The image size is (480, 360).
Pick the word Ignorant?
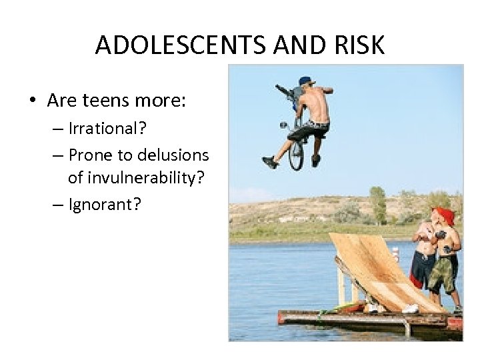[105, 203]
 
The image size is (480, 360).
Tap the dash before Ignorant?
[57, 204]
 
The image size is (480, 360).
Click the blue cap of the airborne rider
[306, 81]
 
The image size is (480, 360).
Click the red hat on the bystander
[445, 215]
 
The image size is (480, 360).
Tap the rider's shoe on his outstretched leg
[269, 162]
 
